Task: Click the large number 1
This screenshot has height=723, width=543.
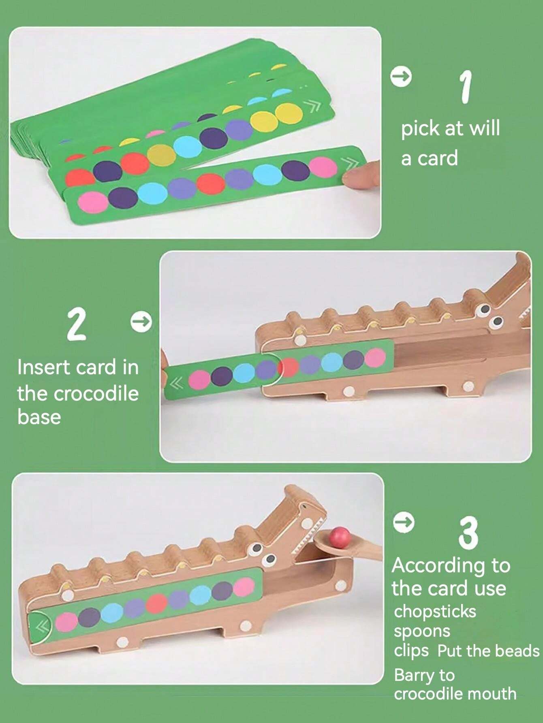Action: coord(466,86)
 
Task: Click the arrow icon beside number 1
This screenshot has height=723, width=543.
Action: coord(401,76)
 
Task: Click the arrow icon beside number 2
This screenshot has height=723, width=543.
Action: coord(141,322)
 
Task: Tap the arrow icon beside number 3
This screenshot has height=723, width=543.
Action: coord(404,522)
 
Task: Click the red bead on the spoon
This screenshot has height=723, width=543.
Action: coord(340,536)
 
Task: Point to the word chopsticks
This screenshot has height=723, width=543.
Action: coord(435,611)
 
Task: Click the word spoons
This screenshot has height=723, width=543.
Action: coord(422,631)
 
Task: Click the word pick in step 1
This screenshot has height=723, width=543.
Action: coord(420,129)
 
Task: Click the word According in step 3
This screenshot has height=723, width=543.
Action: coord(438,566)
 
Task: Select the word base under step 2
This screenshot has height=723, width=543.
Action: coord(39,417)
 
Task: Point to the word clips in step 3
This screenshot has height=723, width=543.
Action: coord(411,651)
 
